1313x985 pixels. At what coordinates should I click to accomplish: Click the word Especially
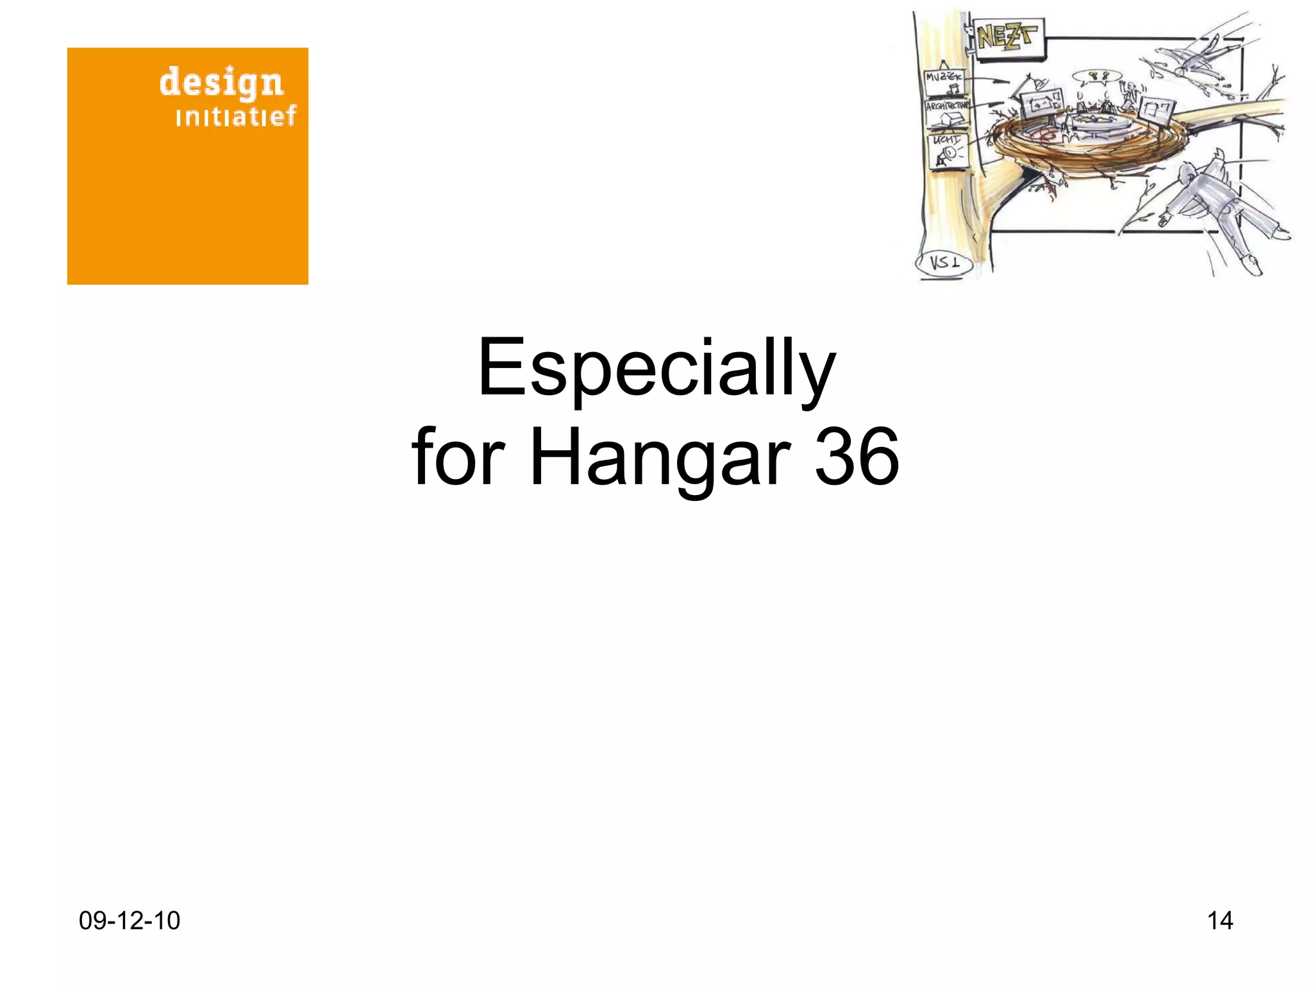[x=656, y=369]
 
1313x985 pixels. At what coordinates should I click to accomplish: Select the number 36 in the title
[x=857, y=458]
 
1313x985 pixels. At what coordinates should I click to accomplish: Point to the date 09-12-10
[x=129, y=921]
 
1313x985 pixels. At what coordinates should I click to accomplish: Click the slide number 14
[x=1219, y=921]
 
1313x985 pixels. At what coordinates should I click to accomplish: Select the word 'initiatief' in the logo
[x=235, y=116]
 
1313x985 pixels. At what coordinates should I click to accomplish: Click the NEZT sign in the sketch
[x=1007, y=38]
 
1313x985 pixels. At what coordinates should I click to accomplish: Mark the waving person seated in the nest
[x=1130, y=96]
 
